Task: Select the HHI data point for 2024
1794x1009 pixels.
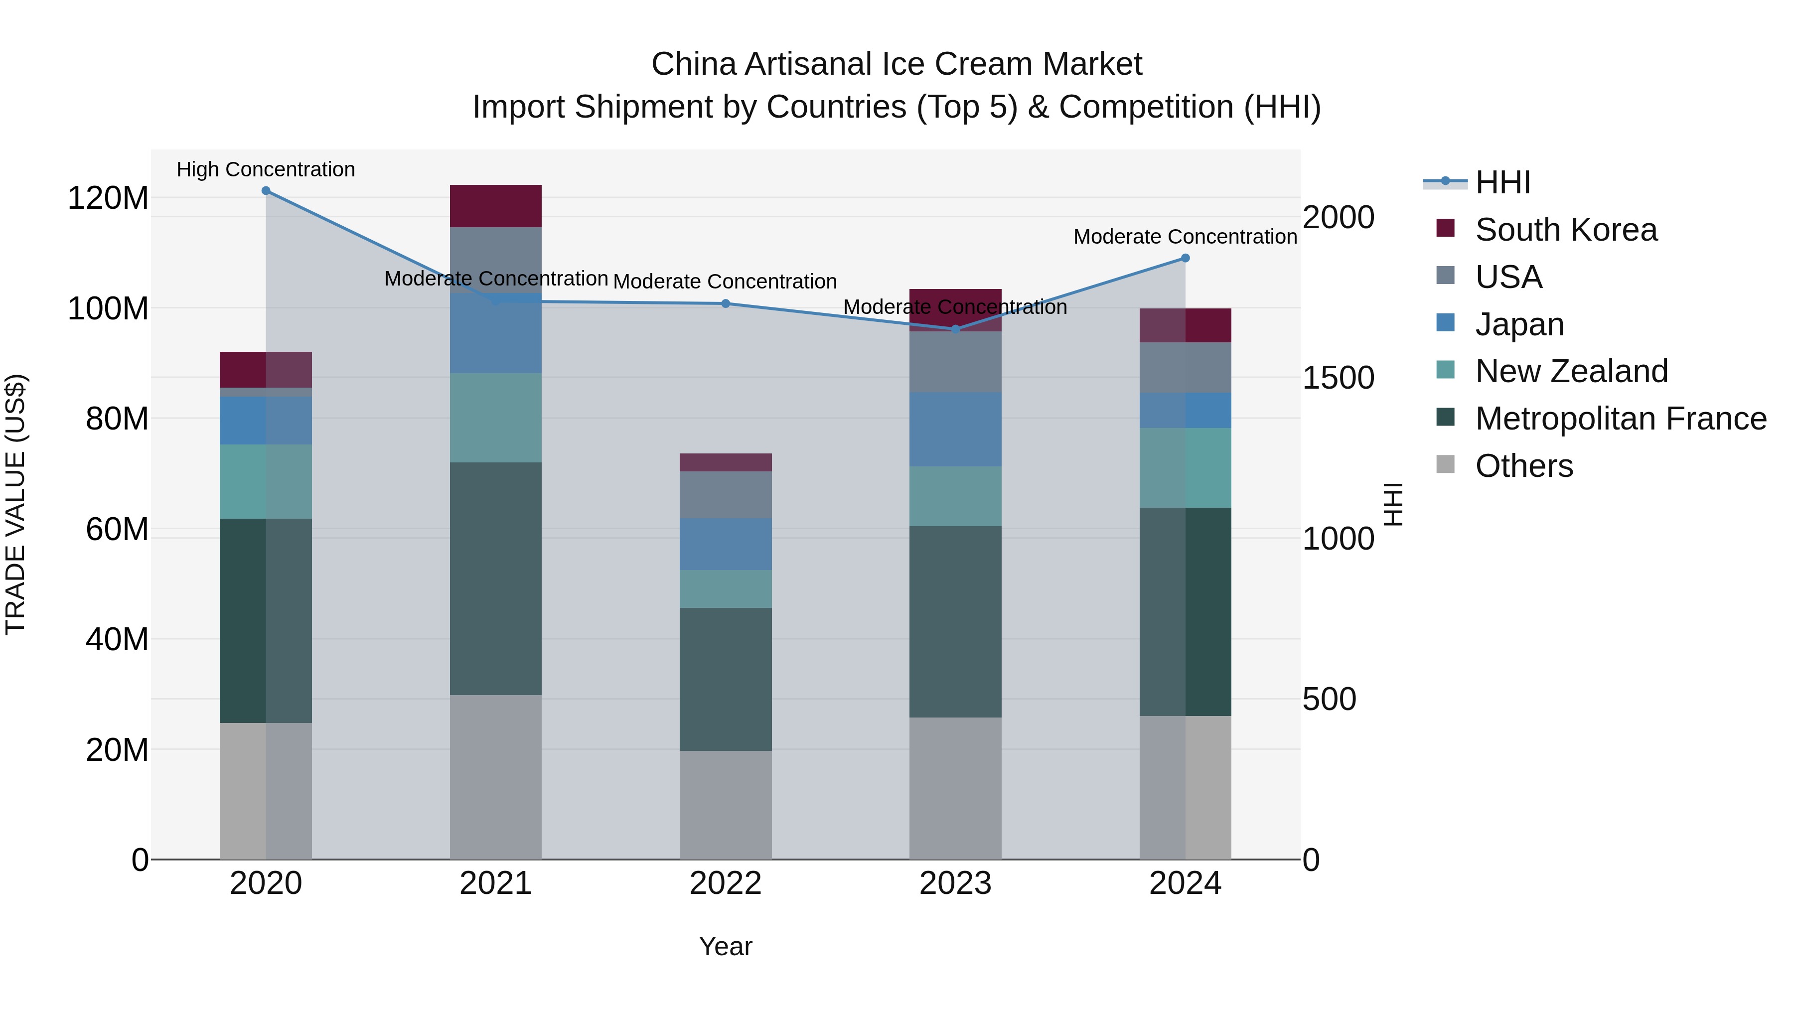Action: [1186, 258]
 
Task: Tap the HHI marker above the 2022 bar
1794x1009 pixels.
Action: [726, 303]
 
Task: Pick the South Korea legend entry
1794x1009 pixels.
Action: [1566, 230]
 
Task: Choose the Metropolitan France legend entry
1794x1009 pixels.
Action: [1620, 419]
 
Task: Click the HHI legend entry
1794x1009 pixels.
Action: [1502, 182]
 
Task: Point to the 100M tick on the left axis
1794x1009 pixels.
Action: [108, 308]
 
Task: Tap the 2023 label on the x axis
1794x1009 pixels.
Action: [955, 883]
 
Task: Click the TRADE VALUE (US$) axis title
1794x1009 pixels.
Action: [16, 504]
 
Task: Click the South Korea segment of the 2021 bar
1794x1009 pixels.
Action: [496, 206]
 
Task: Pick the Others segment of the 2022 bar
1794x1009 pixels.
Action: [726, 805]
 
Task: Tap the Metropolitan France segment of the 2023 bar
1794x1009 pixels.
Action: [955, 622]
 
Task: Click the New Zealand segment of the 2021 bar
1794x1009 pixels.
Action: [496, 418]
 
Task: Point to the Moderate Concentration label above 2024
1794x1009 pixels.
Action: [1186, 237]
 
